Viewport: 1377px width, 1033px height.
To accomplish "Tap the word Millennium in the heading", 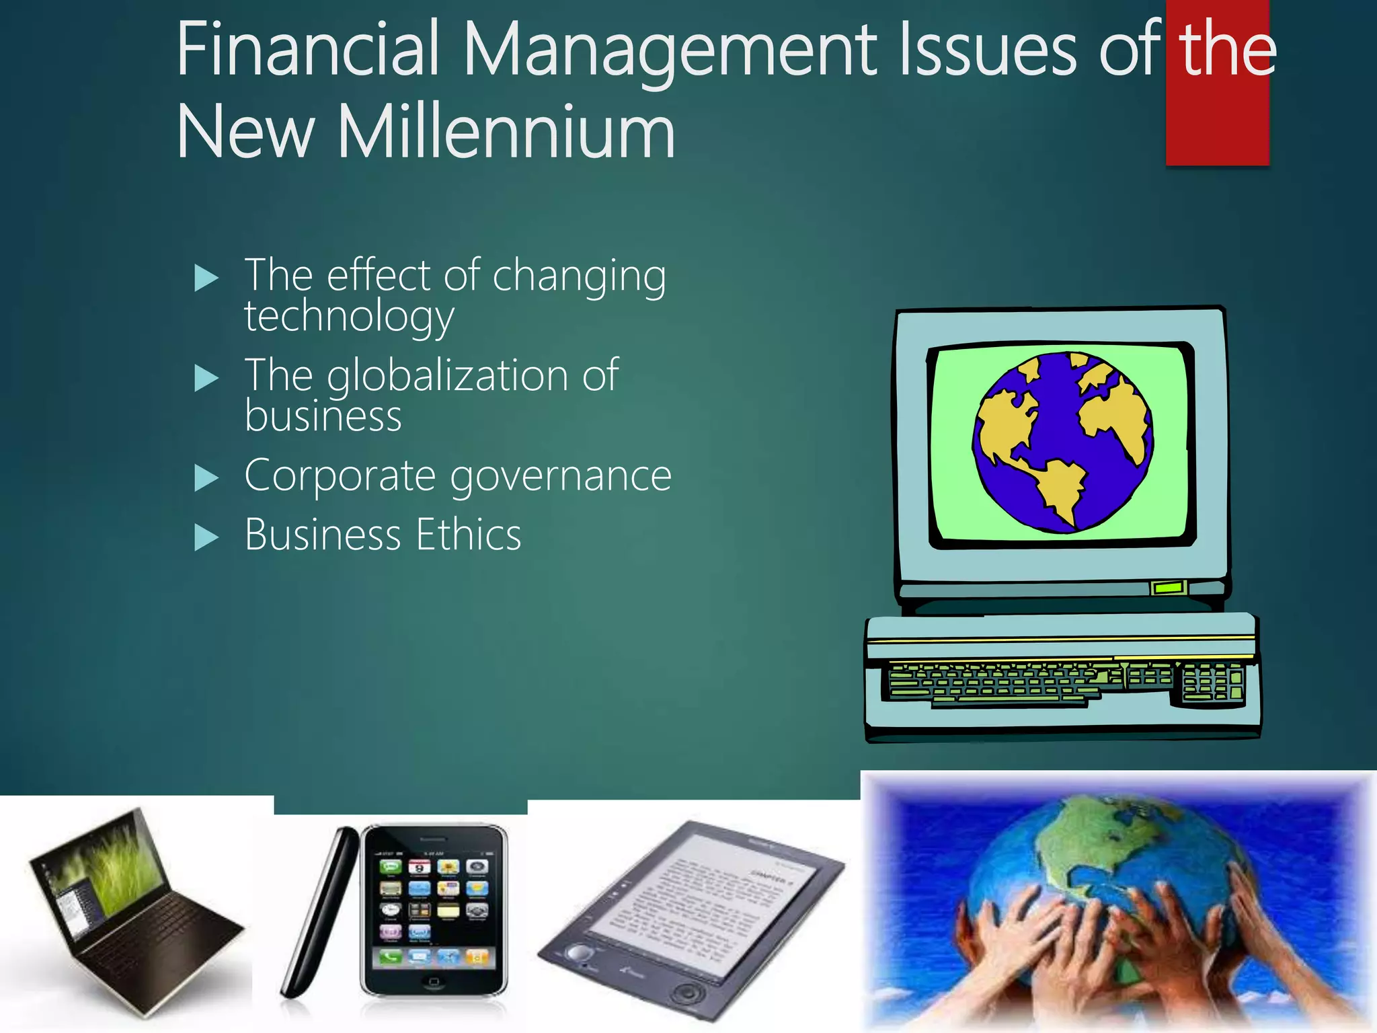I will tap(506, 132).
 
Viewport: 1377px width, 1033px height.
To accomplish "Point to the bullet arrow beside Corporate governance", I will tap(206, 478).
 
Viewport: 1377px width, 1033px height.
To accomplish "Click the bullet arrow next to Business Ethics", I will tap(206, 537).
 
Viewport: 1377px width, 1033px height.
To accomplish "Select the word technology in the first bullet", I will tap(349, 316).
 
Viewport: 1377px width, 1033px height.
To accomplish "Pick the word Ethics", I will tap(468, 535).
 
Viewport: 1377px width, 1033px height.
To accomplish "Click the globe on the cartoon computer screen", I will tap(1062, 442).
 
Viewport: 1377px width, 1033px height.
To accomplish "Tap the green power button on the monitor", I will tap(1168, 588).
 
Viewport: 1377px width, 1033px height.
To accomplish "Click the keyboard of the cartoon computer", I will tap(1066, 683).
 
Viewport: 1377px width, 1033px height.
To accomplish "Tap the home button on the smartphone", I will tap(434, 983).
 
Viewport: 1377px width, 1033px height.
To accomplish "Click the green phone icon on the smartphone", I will tap(391, 957).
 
